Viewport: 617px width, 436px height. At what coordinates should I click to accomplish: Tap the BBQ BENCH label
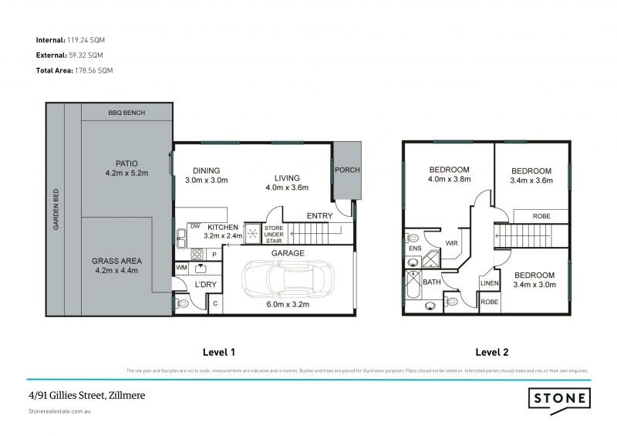point(126,113)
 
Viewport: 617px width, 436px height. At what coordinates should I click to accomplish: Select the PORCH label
point(347,170)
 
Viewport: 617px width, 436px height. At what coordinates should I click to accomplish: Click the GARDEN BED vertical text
point(56,211)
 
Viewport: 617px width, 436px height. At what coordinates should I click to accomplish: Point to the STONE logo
point(560,398)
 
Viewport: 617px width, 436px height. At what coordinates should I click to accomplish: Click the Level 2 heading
point(491,352)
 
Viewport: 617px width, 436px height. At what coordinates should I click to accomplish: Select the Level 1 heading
point(218,352)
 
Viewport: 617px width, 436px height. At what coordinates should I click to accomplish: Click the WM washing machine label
point(182,267)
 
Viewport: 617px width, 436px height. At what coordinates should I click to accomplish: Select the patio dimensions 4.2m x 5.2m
point(126,174)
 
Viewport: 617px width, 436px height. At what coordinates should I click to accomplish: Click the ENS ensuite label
point(414,248)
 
